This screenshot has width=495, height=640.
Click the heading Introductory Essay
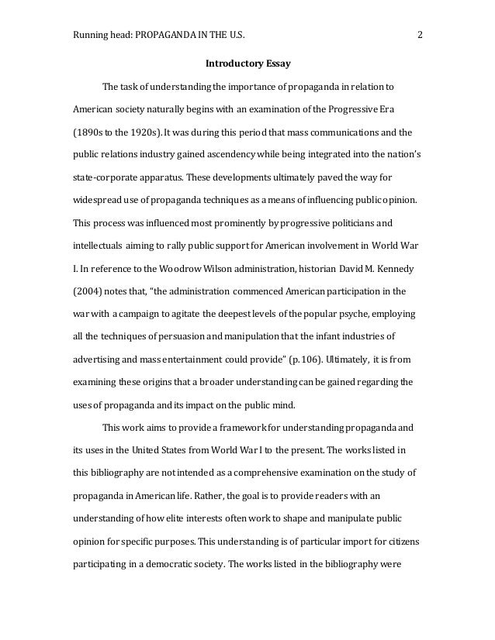(247, 63)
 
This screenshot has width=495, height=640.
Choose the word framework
(249, 427)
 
